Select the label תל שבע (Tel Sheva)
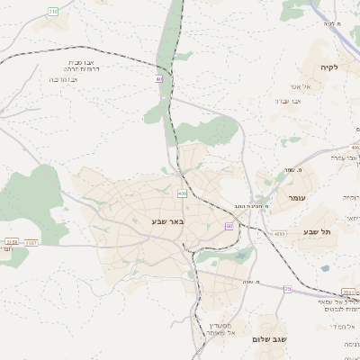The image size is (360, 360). tap(319, 232)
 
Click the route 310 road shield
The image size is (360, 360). tap(53, 12)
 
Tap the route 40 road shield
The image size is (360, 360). tap(159, 79)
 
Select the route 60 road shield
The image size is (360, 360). tap(229, 226)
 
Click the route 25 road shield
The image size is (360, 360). tap(287, 289)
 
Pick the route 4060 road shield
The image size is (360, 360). tap(279, 234)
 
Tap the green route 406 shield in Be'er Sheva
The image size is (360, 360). tap(183, 193)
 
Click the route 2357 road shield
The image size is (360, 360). tap(31, 241)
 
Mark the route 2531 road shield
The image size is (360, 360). tap(348, 292)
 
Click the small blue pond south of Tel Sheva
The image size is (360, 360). tap(325, 267)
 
